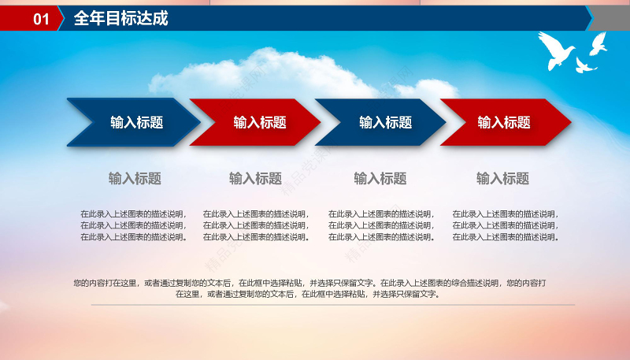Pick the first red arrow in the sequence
tap(258, 122)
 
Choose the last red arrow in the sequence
tap(505, 122)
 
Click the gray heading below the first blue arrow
tap(135, 179)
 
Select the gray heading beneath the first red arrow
tap(255, 179)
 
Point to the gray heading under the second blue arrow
tap(380, 179)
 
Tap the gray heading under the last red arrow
tap(502, 179)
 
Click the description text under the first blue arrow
tap(133, 225)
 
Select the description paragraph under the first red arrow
tap(256, 225)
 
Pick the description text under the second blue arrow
tap(381, 225)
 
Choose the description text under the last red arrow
tap(506, 225)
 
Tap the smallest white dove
tap(584, 65)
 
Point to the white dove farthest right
tap(598, 43)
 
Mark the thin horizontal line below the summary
tap(332, 305)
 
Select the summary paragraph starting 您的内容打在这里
tap(309, 288)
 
